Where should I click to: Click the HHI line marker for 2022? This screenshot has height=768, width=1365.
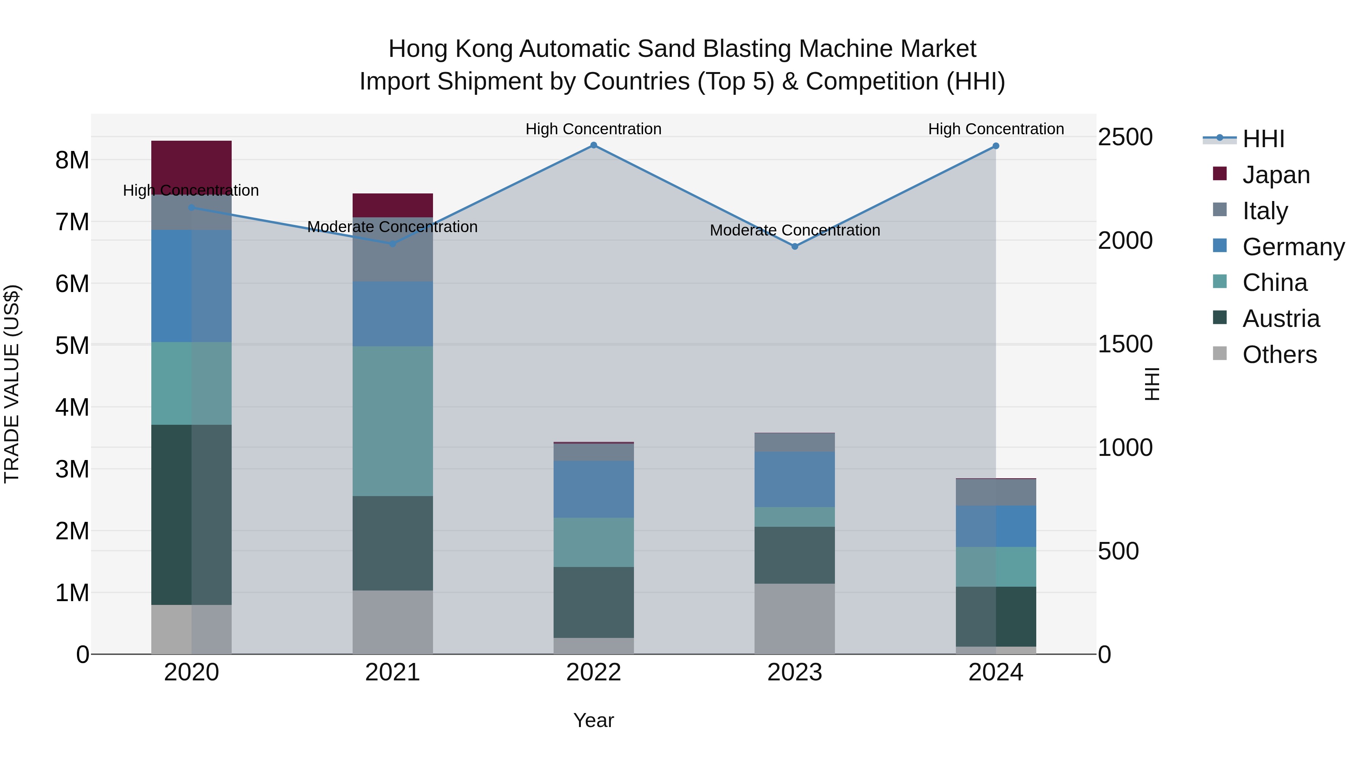click(593, 145)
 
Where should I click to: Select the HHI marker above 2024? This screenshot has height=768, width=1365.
click(996, 146)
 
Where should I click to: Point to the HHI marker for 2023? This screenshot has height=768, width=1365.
click(794, 247)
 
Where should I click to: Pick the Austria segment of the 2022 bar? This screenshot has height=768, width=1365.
click(593, 602)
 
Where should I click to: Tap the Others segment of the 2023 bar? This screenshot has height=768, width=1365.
click(794, 619)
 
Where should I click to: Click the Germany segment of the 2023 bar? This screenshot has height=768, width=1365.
click(794, 479)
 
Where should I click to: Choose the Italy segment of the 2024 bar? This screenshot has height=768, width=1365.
click(996, 492)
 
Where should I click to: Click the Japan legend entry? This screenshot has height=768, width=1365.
click(1276, 175)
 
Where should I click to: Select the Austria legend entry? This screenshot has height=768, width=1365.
click(1281, 319)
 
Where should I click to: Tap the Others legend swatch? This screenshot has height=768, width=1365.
click(1220, 353)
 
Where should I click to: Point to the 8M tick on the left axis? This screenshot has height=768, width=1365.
click(72, 160)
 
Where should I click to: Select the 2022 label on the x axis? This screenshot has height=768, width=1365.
click(593, 672)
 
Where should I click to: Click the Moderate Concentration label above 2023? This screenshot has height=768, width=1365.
click(794, 230)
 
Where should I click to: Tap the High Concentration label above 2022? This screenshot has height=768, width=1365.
click(593, 129)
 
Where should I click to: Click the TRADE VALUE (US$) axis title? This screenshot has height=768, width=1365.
click(12, 384)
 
